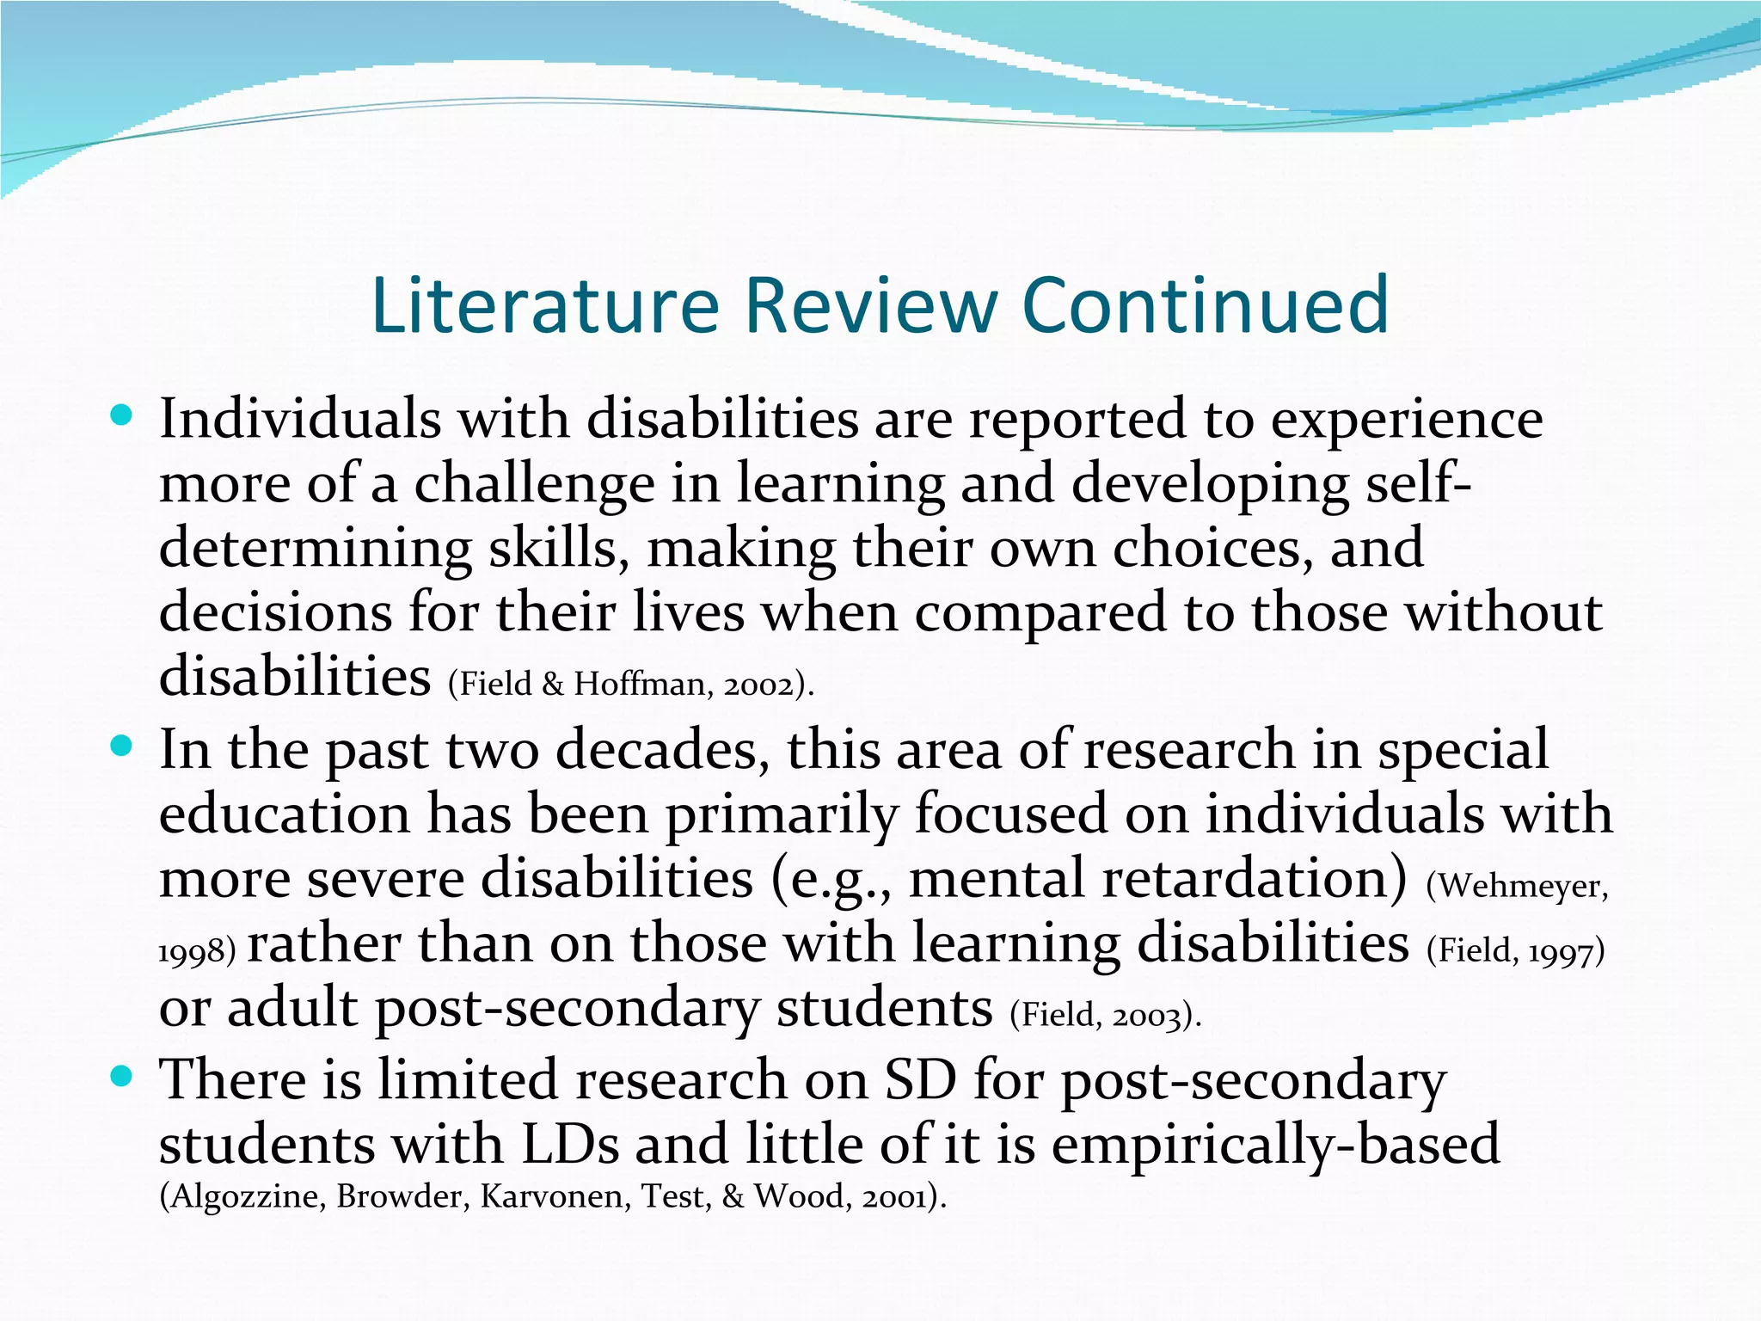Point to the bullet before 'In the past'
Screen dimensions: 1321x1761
[x=122, y=747]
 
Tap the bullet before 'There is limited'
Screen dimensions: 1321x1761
[x=122, y=1076]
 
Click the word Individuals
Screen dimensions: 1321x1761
[x=300, y=420]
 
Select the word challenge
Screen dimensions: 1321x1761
[x=534, y=484]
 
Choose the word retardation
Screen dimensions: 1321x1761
[x=1157, y=879]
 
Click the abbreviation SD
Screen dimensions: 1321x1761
[x=920, y=1080]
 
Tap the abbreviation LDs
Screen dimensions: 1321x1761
[x=570, y=1146]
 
